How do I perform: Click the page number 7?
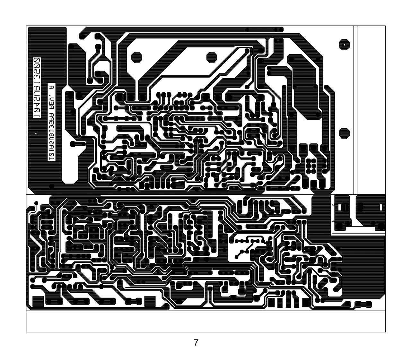coord(196,343)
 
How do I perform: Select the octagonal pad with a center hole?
coord(344,44)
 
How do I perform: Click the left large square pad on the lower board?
coord(38,302)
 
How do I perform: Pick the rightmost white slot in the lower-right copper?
coord(381,207)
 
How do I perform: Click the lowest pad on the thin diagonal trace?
coord(236,257)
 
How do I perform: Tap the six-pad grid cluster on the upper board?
coord(311,165)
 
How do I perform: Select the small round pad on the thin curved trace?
coord(36,203)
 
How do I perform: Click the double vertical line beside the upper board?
coord(355,109)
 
